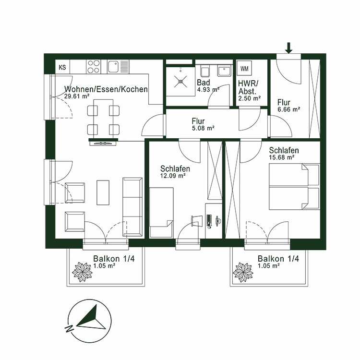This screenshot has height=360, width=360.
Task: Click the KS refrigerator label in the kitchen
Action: point(62,67)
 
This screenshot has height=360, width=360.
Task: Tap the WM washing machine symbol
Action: point(245,68)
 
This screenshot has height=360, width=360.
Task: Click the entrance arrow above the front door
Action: point(288,48)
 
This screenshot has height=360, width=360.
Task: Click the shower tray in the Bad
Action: point(180,80)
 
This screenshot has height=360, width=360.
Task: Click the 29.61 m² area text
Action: point(76,96)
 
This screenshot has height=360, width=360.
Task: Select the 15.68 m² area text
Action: point(281,156)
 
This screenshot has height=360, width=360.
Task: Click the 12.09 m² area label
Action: point(173,176)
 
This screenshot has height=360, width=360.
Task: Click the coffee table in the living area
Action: point(103,192)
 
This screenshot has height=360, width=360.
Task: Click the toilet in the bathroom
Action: point(203,72)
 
